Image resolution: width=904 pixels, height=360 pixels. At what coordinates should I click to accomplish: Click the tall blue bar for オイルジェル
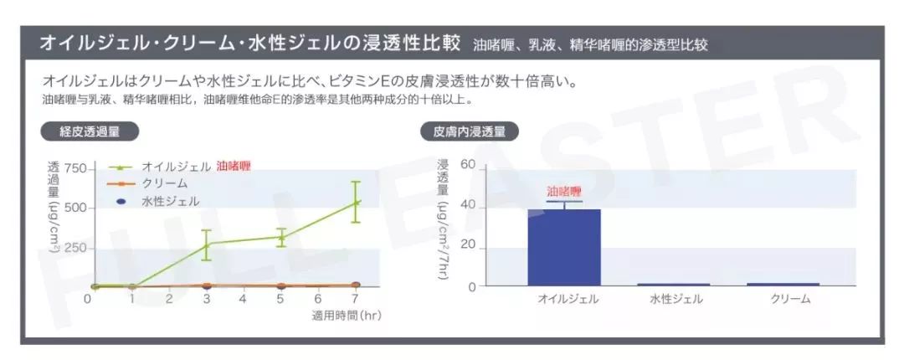pos(564,247)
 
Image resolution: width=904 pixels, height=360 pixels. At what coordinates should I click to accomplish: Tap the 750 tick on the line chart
pos(74,169)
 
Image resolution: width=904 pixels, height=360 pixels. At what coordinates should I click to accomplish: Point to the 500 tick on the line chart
pos(74,208)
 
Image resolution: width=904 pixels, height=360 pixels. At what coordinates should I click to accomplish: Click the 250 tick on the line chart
pos(74,248)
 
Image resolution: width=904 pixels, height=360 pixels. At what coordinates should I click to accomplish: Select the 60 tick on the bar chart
pos(467,167)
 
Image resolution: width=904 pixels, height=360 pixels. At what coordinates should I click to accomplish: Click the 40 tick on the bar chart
pos(467,206)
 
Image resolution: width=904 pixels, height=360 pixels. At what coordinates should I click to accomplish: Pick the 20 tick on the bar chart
pos(467,246)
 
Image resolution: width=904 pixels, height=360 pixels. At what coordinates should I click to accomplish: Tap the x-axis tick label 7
pos(355,299)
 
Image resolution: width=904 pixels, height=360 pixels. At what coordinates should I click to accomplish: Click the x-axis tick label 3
pos(207,299)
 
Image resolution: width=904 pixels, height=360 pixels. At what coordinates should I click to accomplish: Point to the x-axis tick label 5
pos(281,299)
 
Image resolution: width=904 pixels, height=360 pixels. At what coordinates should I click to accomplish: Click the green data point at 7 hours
pos(355,202)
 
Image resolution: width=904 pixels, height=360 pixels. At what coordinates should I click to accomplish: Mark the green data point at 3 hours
pos(207,244)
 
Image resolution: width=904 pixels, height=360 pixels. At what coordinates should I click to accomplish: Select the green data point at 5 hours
pos(281,237)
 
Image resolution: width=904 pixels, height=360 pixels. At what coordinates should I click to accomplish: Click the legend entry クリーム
pos(164,183)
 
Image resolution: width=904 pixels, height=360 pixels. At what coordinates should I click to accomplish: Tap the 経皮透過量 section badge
pos(90,131)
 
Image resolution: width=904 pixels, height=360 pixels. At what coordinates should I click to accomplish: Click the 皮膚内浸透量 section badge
pos(469,131)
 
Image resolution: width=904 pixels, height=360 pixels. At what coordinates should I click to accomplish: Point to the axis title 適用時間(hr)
pos(347,316)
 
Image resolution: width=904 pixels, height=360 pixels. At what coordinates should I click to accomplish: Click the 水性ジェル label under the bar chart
pos(675,299)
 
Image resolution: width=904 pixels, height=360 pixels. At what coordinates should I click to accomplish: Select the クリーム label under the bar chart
pos(790,299)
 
